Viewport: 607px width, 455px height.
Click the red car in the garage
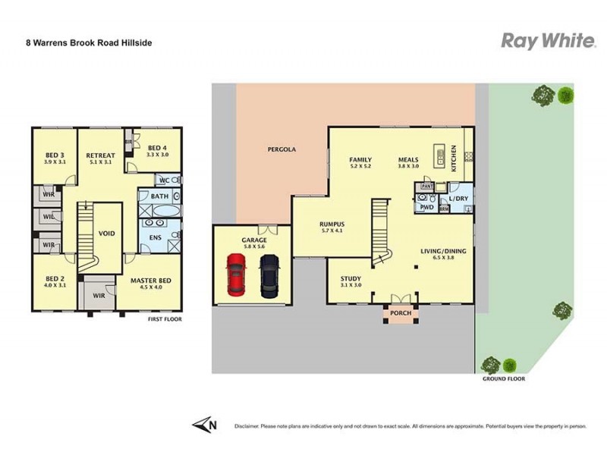tap(237, 275)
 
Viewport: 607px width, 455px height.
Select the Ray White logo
tap(548, 41)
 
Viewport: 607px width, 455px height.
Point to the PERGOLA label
tap(281, 149)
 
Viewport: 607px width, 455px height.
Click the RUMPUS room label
tap(332, 224)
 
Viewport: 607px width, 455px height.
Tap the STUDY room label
tap(351, 278)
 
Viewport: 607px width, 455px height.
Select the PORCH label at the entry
tap(400, 312)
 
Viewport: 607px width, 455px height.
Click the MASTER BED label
tap(151, 281)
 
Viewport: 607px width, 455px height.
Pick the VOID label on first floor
tap(107, 234)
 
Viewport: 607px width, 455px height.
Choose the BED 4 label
tap(158, 148)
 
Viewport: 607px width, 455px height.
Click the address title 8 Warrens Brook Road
tap(89, 43)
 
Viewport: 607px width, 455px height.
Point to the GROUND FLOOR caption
tap(503, 378)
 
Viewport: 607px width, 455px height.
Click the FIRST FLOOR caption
tap(165, 319)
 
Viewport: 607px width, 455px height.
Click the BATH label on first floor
tap(159, 196)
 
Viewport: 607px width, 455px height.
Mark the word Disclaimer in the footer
tap(248, 427)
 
